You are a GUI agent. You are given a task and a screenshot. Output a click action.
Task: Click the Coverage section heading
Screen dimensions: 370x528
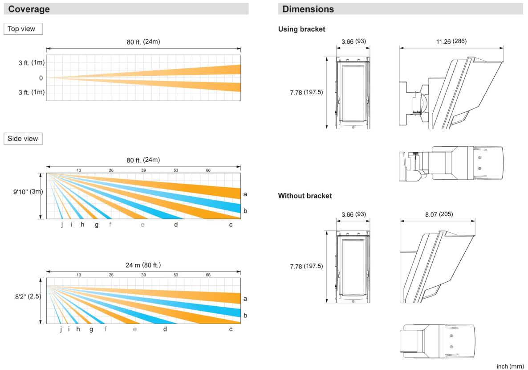[29, 9]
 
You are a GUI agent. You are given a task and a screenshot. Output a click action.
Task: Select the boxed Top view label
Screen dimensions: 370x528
[23, 29]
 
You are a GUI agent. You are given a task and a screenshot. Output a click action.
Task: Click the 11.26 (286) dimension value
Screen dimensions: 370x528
[451, 41]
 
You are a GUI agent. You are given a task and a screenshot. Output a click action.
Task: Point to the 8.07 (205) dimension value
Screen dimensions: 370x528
[437, 214]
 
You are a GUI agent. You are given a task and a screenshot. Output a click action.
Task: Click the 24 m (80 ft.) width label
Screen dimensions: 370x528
[143, 265]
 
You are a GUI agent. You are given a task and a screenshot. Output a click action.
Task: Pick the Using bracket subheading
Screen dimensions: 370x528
[301, 29]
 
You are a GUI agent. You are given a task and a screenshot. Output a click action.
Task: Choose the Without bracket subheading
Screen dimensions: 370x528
[305, 196]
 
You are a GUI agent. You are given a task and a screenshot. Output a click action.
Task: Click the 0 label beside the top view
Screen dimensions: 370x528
[41, 78]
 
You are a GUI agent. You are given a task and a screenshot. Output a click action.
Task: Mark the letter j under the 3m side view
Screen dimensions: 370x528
[62, 224]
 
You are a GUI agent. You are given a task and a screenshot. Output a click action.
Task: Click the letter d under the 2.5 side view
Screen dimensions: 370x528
[165, 329]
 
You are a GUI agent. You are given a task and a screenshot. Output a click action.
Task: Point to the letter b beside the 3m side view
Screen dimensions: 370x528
[245, 210]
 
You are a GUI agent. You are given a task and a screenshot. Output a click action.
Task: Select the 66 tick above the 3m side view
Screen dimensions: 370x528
[208, 170]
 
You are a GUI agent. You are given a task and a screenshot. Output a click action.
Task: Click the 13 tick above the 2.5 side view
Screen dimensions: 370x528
[79, 275]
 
